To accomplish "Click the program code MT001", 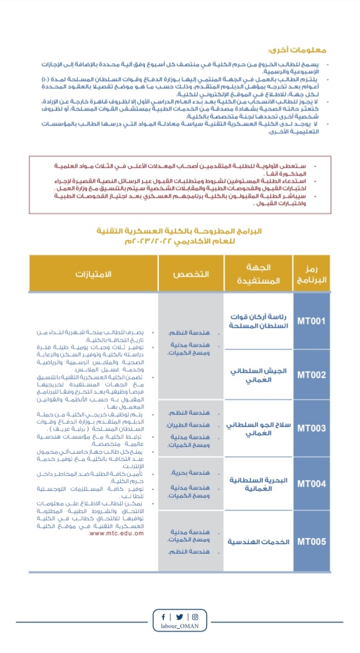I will coord(311,321).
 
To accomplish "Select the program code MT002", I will coord(311,375).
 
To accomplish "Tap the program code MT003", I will coord(311,428).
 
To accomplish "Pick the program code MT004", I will coord(311,484).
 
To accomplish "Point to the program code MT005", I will coord(311,541).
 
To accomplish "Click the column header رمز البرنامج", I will coord(311,273).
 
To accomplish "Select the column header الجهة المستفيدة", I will coord(258,273).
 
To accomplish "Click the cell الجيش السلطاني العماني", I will coord(259,375).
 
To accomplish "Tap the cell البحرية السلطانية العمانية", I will coord(258,484).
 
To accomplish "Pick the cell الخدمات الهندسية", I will coord(259,541).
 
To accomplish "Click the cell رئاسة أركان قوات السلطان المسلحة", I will coord(259,321).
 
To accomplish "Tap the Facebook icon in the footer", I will coord(163,617).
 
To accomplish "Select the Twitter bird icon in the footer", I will coord(179,617).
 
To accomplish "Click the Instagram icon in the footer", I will coord(195,617).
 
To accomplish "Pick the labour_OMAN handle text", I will coord(179,626).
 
